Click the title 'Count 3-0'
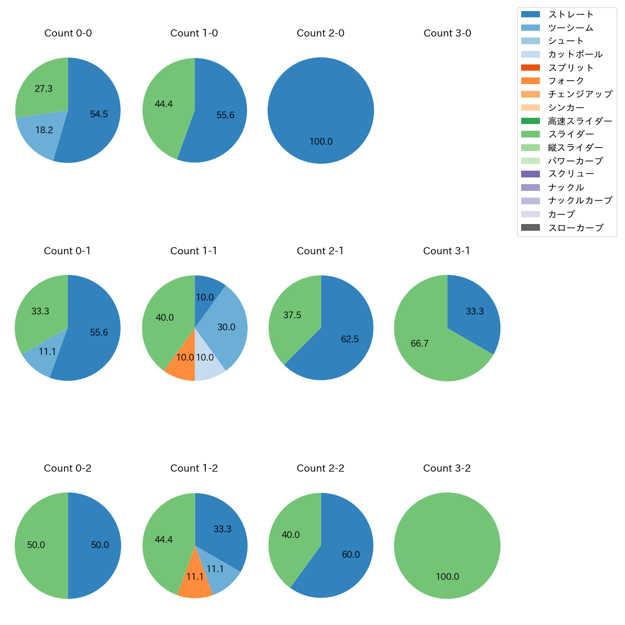point(447,33)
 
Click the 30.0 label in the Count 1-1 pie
point(226,327)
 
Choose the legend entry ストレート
point(571,14)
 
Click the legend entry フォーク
point(566,81)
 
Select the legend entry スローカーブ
point(575,228)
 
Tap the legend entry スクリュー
point(571,174)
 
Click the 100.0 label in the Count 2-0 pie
point(321,142)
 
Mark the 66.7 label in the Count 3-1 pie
point(419,344)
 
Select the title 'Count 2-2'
point(321,468)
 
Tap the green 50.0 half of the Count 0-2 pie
point(38,546)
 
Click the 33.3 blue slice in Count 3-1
point(474,312)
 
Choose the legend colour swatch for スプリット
point(530,68)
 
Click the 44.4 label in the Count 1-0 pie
point(163,104)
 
